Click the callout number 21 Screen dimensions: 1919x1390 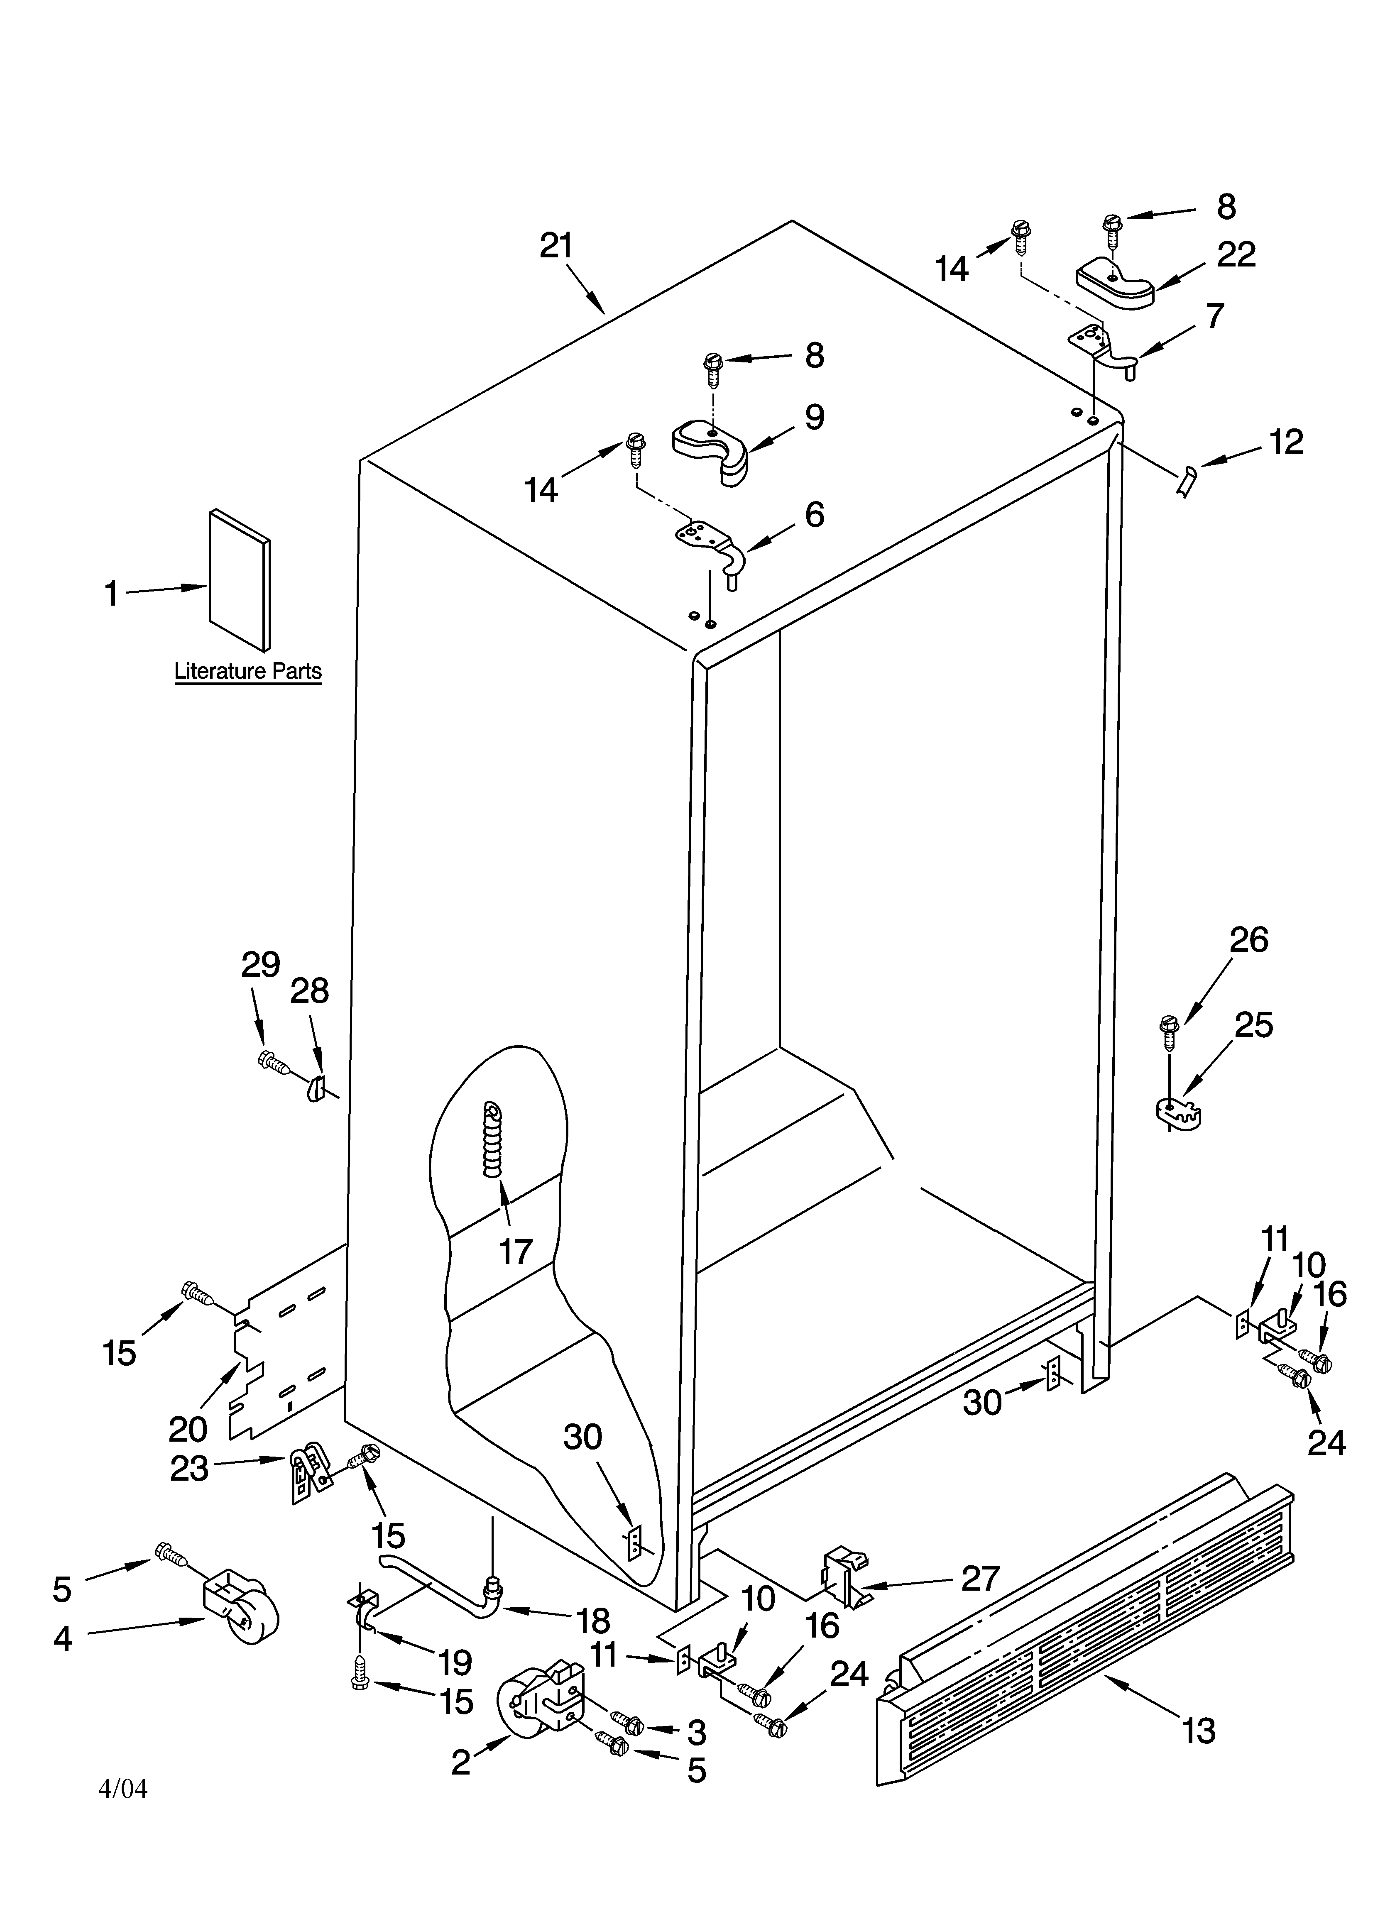[556, 245]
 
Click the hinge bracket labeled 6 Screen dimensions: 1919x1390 [711, 542]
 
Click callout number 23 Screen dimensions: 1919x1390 [189, 1468]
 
